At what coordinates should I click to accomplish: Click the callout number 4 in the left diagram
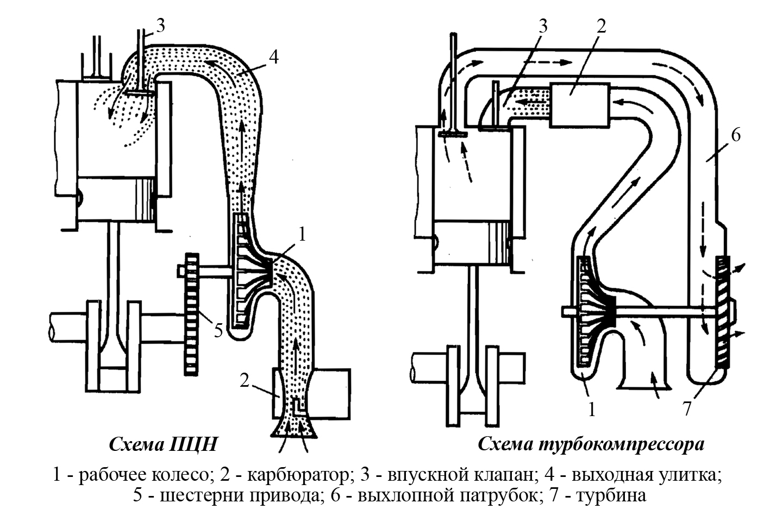pos(273,58)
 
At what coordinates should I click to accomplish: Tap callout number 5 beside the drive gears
pos(218,330)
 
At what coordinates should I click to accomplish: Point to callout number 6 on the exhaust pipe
pos(736,135)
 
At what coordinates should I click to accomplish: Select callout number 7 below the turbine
pos(687,409)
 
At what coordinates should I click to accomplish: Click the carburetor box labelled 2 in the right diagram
pos(580,105)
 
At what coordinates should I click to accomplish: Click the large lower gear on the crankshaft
pos(192,315)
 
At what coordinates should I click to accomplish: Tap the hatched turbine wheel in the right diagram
pos(722,312)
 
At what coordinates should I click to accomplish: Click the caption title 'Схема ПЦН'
pos(163,444)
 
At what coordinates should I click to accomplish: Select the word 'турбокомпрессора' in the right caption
pos(622,444)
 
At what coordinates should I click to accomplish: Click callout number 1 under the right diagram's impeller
pos(592,410)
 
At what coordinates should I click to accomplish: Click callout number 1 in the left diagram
pos(302,235)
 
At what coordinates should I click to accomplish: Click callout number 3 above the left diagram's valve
pos(160,26)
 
